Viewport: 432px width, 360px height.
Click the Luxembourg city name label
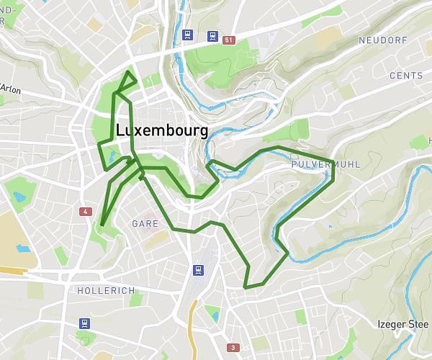[161, 131]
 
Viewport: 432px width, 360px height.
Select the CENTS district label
[405, 76]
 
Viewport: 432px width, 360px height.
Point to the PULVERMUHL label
[325, 165]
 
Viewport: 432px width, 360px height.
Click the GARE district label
[144, 224]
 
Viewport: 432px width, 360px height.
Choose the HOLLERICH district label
[105, 289]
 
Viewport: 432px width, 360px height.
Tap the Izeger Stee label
[402, 324]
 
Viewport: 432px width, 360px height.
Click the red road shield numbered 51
[230, 40]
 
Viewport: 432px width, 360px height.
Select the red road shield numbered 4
[86, 212]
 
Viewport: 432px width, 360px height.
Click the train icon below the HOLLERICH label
[86, 323]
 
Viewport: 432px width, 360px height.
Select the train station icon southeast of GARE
[197, 270]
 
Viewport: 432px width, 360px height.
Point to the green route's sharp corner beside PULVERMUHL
[333, 161]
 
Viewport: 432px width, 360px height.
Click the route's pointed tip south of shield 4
[102, 225]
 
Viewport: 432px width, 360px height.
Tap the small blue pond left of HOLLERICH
[22, 249]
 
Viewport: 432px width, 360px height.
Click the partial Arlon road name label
[10, 89]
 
